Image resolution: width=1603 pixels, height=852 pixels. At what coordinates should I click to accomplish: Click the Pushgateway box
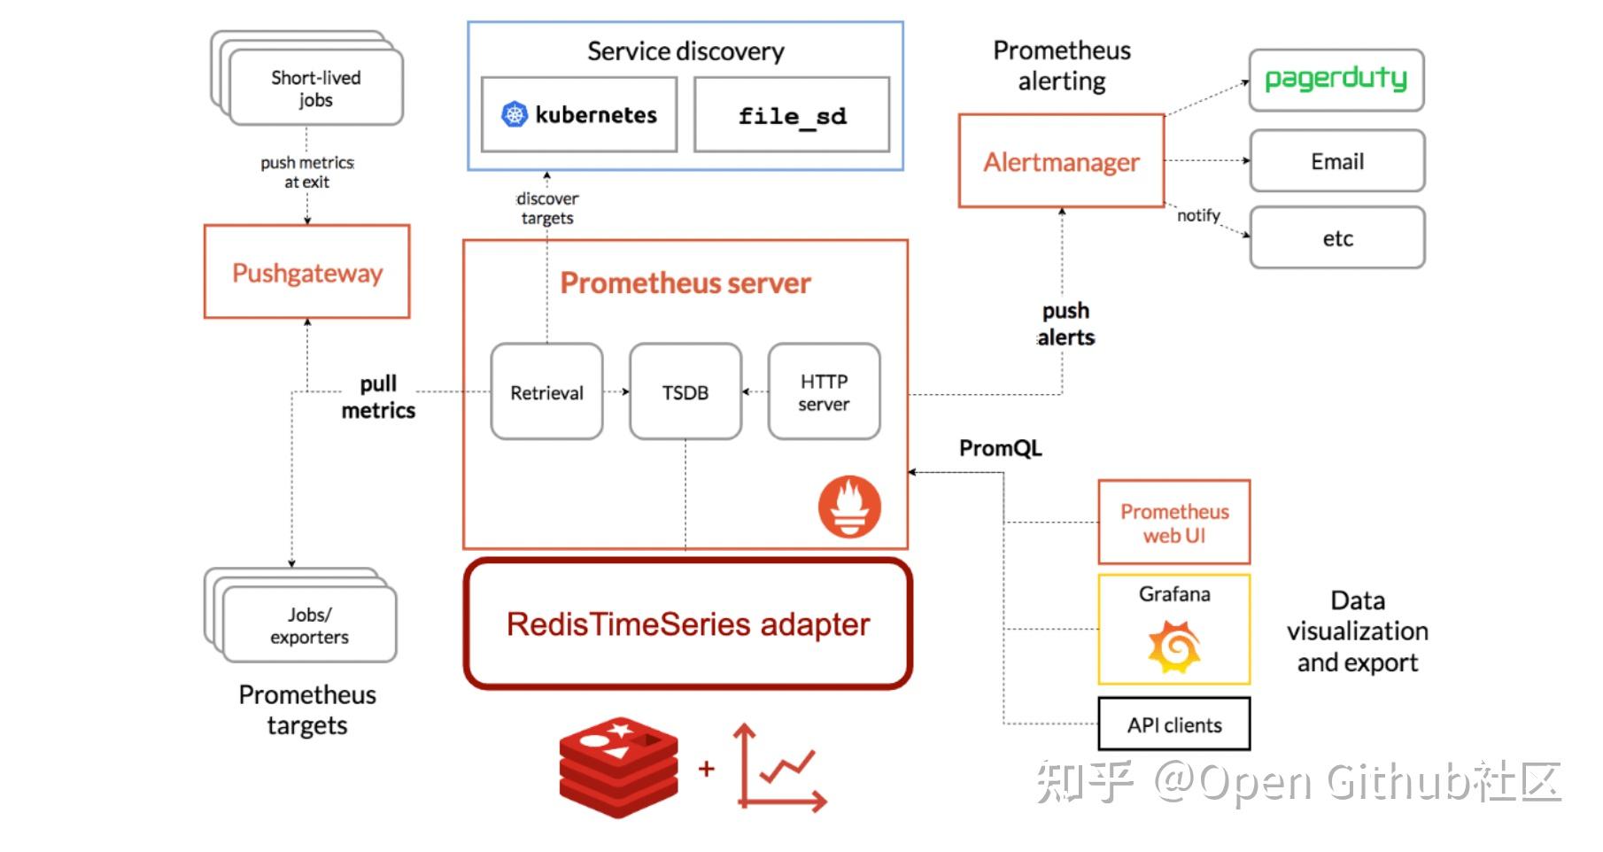click(306, 272)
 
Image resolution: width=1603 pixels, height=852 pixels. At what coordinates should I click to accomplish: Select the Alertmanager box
click(1061, 161)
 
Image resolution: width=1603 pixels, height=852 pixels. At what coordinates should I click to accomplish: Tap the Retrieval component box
click(546, 392)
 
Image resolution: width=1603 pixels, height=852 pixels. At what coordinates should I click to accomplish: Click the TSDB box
click(685, 392)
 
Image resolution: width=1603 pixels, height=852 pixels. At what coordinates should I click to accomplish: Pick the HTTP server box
click(824, 392)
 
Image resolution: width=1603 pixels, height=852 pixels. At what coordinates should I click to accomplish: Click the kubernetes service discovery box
click(579, 114)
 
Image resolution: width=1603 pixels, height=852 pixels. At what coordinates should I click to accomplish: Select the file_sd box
click(792, 115)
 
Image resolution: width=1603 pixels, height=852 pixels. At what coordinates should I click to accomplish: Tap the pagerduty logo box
click(1336, 81)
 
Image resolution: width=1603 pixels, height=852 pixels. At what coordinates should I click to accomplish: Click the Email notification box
click(1336, 161)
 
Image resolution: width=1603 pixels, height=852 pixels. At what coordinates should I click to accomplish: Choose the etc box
click(1336, 238)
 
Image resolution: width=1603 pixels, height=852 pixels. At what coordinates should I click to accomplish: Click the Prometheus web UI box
click(1173, 523)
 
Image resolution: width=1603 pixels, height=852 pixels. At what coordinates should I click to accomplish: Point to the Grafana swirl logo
click(1173, 647)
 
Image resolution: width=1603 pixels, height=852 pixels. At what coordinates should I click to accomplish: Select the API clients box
click(1173, 724)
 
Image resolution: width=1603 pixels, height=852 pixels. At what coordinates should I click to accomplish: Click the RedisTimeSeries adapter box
click(687, 624)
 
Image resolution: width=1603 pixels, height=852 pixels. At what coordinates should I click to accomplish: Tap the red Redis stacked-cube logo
click(618, 767)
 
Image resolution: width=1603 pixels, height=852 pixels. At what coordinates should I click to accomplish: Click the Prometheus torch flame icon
click(849, 507)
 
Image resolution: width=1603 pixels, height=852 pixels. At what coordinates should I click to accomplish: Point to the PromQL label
click(1000, 448)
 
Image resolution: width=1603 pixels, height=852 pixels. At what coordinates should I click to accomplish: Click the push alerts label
click(1065, 324)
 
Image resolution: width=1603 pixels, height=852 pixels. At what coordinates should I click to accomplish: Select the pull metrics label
click(378, 397)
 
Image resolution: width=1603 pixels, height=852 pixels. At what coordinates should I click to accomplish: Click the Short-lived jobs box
click(315, 89)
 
